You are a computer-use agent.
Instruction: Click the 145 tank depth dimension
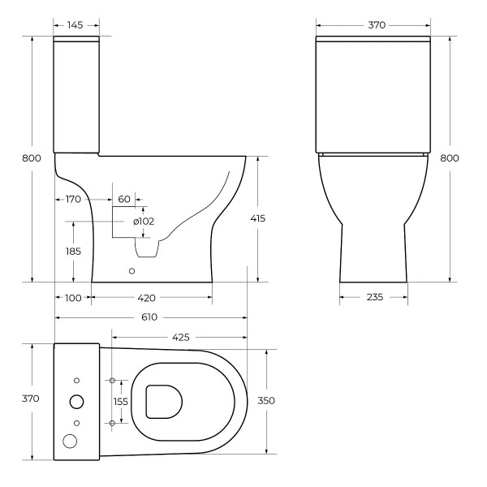[75, 25]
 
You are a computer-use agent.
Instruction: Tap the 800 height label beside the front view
[449, 158]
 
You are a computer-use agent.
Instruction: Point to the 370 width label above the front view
[377, 25]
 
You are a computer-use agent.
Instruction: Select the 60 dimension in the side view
[124, 199]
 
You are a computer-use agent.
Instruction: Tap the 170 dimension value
[72, 199]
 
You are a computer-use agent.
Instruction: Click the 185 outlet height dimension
[72, 252]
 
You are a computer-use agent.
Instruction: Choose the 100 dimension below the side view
[73, 298]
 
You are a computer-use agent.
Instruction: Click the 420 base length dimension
[147, 298]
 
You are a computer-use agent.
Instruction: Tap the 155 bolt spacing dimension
[122, 401]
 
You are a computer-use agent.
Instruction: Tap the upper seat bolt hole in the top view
[112, 380]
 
